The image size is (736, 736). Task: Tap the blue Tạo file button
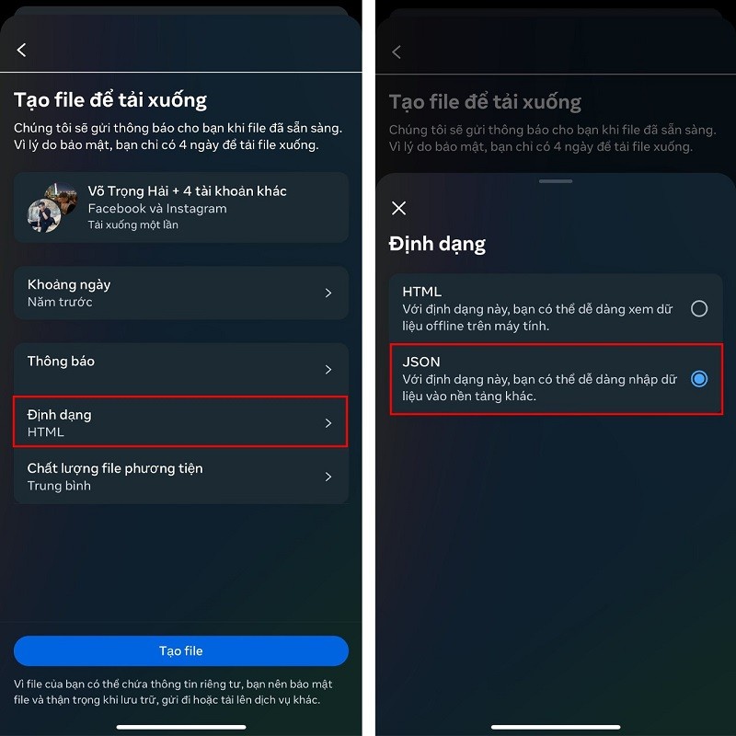180,650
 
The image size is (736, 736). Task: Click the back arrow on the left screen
21,50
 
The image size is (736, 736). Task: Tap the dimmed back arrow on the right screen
397,52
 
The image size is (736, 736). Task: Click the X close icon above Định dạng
398,208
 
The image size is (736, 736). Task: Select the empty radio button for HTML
699,308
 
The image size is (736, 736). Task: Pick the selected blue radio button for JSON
699,379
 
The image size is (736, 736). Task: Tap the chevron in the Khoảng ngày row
328,293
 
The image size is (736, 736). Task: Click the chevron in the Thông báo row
328,370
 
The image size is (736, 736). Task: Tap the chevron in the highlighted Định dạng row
328,423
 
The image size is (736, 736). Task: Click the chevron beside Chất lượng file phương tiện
328,477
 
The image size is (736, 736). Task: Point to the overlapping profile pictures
52,208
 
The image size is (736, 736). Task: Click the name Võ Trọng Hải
128,191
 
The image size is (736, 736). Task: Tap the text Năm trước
60,302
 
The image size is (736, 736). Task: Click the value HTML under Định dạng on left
45,431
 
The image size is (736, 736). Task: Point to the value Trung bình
59,486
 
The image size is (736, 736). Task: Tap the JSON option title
421,362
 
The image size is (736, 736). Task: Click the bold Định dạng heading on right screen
437,245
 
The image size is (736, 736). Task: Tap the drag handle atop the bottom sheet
556,181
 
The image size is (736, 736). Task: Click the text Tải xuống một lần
132,224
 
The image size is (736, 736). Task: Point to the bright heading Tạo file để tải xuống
110,100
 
